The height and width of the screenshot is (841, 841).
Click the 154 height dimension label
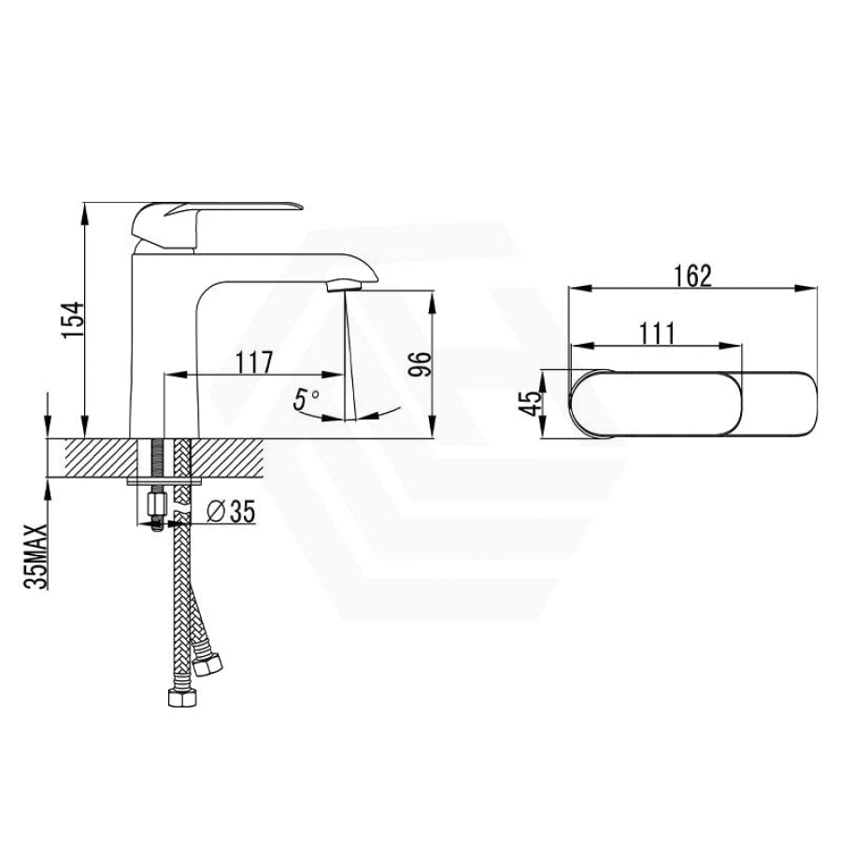[70, 320]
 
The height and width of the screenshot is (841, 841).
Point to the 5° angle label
[306, 401]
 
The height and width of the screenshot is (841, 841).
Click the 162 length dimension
[691, 276]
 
